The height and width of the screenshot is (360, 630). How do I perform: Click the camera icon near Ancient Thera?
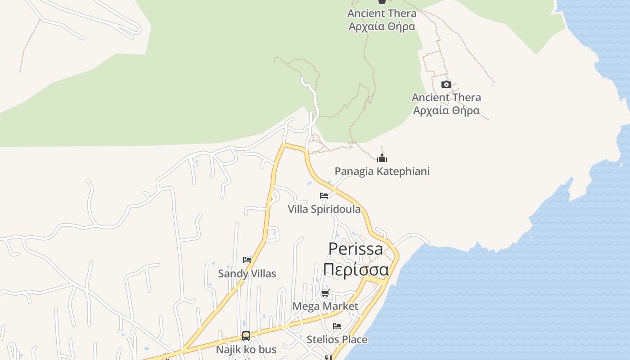click(x=446, y=85)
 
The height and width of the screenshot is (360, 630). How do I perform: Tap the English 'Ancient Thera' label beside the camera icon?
click(x=446, y=97)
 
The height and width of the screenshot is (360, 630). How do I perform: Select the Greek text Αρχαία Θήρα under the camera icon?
click(x=446, y=110)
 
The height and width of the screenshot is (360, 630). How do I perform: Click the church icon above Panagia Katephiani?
click(x=382, y=158)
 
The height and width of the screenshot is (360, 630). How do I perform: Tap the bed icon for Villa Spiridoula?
click(x=324, y=196)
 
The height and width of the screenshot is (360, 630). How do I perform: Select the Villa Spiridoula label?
click(x=324, y=209)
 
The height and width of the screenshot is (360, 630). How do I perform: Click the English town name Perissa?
click(x=355, y=249)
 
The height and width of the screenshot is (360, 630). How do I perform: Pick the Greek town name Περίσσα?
click(x=356, y=270)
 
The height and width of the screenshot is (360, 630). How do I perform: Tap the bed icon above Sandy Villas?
click(x=247, y=260)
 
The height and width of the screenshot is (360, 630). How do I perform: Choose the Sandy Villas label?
click(x=247, y=274)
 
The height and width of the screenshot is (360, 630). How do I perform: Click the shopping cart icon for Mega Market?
click(x=325, y=293)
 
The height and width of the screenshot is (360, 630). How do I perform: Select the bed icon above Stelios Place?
click(x=337, y=326)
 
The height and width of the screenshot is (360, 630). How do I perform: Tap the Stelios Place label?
click(x=337, y=339)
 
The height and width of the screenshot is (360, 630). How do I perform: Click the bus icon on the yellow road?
click(x=246, y=336)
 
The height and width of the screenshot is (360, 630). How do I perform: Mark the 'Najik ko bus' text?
click(x=246, y=350)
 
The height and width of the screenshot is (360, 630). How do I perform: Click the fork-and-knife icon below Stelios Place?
click(x=328, y=358)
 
